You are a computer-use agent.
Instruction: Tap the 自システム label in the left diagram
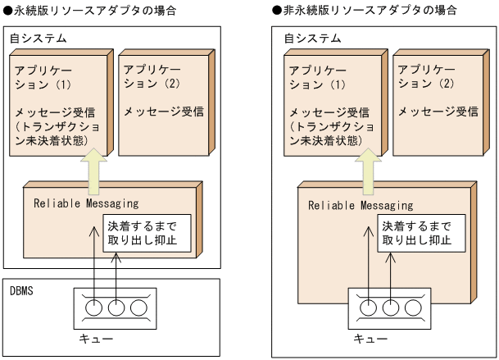click(38, 39)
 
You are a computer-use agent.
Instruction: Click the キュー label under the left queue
click(113, 339)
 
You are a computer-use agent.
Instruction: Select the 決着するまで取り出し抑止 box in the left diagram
click(140, 233)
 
